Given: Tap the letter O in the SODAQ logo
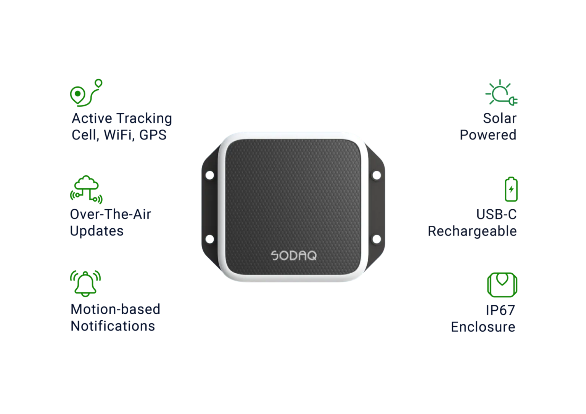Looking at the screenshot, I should [x=285, y=255].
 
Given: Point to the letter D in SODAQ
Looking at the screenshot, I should [x=294, y=255].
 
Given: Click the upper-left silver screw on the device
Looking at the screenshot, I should [x=209, y=175].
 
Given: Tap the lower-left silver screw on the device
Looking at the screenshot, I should [x=209, y=239].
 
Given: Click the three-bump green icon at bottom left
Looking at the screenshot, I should [x=86, y=280].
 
